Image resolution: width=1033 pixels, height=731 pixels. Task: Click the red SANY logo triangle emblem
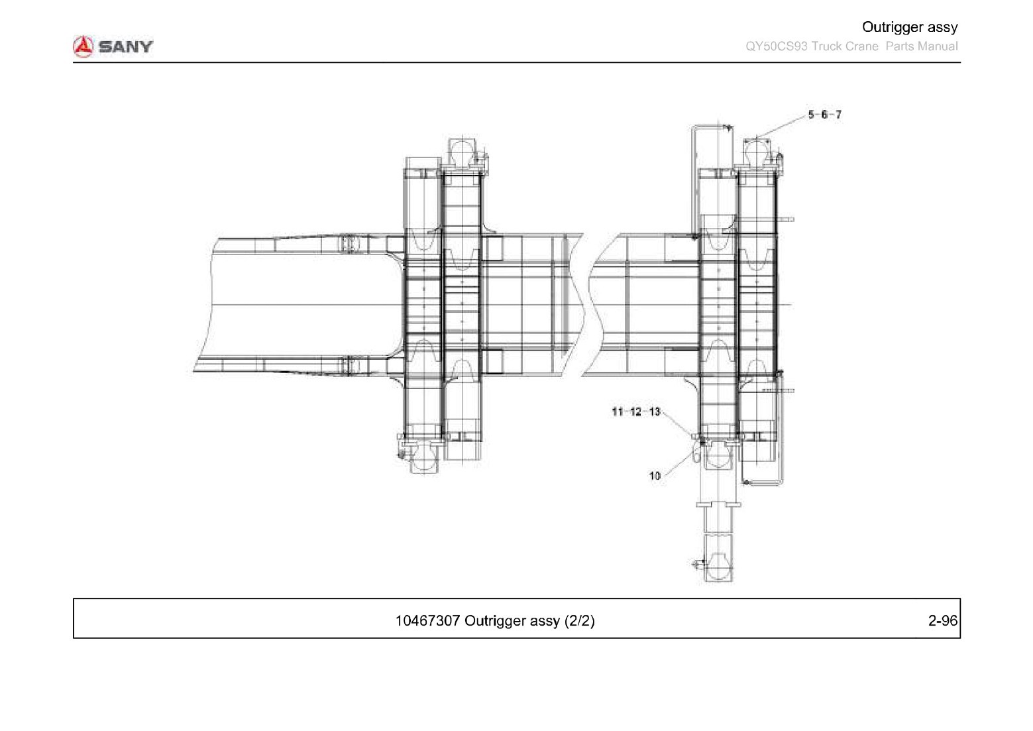pyautogui.click(x=83, y=46)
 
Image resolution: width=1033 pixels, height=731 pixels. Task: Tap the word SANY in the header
pyautogui.click(x=125, y=47)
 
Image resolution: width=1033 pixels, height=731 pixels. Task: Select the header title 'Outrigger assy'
pyautogui.click(x=910, y=27)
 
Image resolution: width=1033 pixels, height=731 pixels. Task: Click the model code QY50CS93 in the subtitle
pyautogui.click(x=777, y=46)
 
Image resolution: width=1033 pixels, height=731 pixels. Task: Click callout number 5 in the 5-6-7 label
pyautogui.click(x=811, y=115)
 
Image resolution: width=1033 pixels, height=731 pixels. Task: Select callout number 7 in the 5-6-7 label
pyautogui.click(x=838, y=115)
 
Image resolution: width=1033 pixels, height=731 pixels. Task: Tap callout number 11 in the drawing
pyautogui.click(x=618, y=412)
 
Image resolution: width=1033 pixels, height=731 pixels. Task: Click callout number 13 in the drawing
pyautogui.click(x=655, y=412)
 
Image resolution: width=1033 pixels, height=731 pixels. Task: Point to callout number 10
pyautogui.click(x=655, y=476)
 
